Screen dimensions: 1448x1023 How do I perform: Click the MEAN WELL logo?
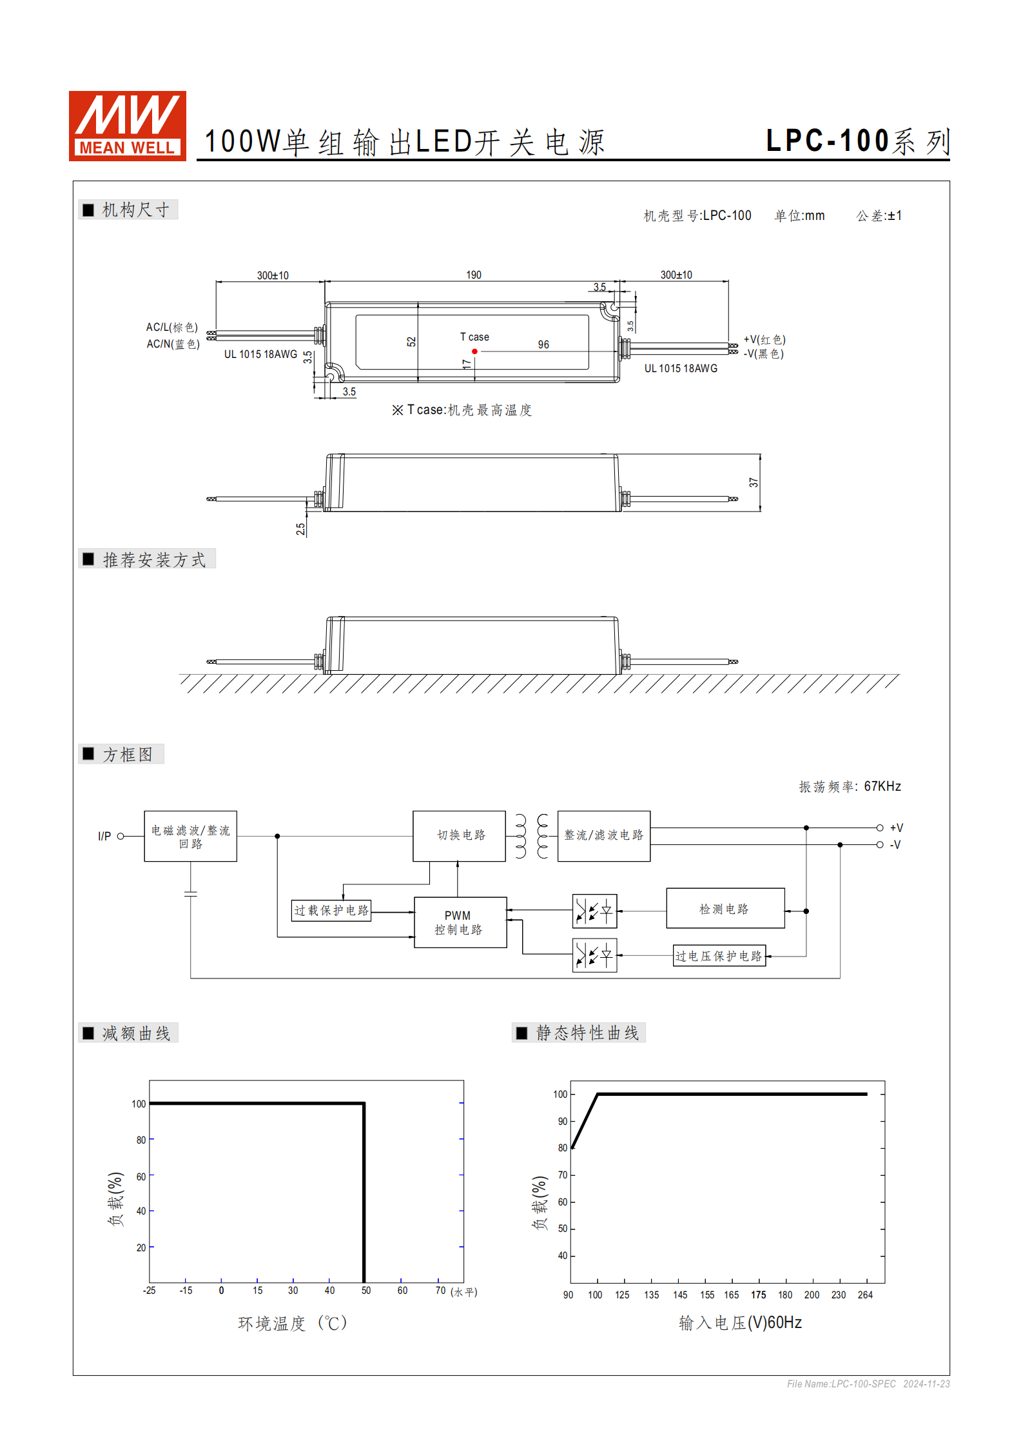point(128,126)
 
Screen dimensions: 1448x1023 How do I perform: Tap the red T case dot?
point(474,352)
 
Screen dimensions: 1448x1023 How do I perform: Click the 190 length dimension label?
point(474,275)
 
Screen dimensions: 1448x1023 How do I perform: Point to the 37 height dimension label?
point(754,482)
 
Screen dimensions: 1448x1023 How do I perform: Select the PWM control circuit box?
point(460,922)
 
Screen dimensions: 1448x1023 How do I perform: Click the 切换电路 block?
point(459,835)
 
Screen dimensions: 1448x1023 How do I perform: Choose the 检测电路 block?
point(725,909)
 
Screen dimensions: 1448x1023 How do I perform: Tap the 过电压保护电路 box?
point(719,956)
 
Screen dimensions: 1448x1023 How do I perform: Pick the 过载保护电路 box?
point(331,911)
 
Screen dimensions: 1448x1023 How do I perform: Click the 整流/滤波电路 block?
point(603,835)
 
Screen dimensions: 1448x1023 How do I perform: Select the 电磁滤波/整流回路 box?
point(190,836)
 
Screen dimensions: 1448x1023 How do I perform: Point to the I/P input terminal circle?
point(121,836)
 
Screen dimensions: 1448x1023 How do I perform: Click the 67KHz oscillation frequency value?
point(882,786)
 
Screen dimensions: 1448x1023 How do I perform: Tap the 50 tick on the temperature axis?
point(366,1291)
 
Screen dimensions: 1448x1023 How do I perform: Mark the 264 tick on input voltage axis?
point(865,1295)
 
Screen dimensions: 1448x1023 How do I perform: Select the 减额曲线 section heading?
point(136,1033)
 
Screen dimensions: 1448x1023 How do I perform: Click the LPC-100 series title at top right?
point(857,141)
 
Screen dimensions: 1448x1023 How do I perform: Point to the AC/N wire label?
point(173,344)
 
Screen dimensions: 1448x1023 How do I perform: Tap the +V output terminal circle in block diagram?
point(880,828)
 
